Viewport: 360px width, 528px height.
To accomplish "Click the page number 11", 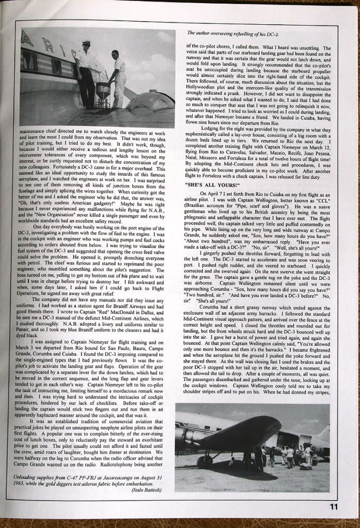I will [333, 506].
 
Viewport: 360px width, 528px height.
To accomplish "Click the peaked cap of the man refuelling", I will [86, 43].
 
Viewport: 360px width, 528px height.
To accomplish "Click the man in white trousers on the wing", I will [118, 77].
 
